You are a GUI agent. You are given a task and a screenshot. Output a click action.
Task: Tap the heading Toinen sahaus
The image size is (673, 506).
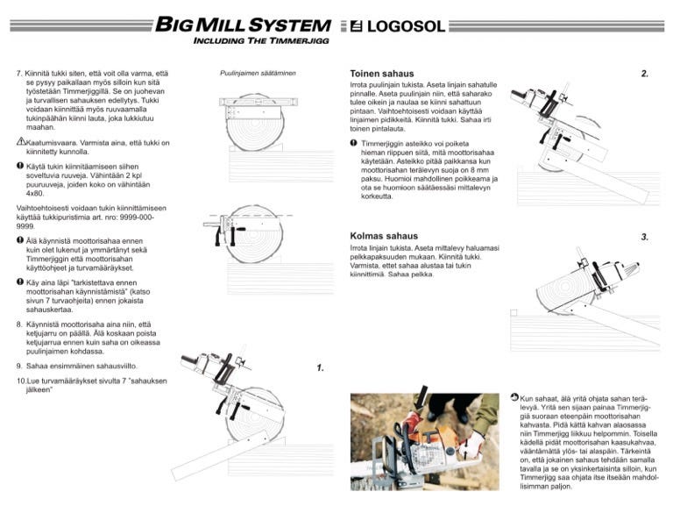coord(381,74)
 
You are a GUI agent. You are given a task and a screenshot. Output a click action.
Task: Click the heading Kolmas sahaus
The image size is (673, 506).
coord(384,236)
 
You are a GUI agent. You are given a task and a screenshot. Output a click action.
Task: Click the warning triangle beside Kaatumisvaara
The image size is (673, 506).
coord(21,141)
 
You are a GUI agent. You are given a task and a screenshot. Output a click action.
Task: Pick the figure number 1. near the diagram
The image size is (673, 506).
coord(321,368)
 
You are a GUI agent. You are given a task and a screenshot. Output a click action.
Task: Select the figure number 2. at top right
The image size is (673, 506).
coord(645,74)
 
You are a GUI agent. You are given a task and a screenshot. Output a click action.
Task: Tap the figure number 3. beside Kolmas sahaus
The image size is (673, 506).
coord(645,237)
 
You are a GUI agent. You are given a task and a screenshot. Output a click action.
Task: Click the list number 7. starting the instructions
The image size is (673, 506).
coord(20,73)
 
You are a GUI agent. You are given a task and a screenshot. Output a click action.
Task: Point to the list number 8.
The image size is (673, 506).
coord(20,324)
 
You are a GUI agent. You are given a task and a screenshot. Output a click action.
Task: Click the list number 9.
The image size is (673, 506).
coord(20,365)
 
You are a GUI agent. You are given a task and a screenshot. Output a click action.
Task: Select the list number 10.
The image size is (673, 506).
coord(22,381)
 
